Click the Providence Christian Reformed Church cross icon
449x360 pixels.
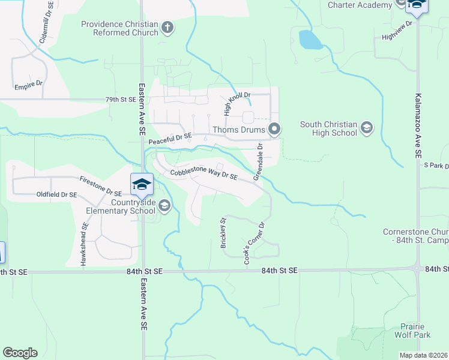[167, 27]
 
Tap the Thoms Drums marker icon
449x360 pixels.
[275, 129]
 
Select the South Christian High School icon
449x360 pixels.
[366, 128]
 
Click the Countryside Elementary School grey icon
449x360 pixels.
[164, 206]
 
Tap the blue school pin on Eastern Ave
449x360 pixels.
[142, 184]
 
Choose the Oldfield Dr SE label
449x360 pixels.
[56, 194]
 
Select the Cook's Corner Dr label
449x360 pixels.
[254, 244]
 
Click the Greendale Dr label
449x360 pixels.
[258, 161]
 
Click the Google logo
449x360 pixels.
[20, 353]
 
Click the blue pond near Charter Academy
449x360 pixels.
[310, 40]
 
